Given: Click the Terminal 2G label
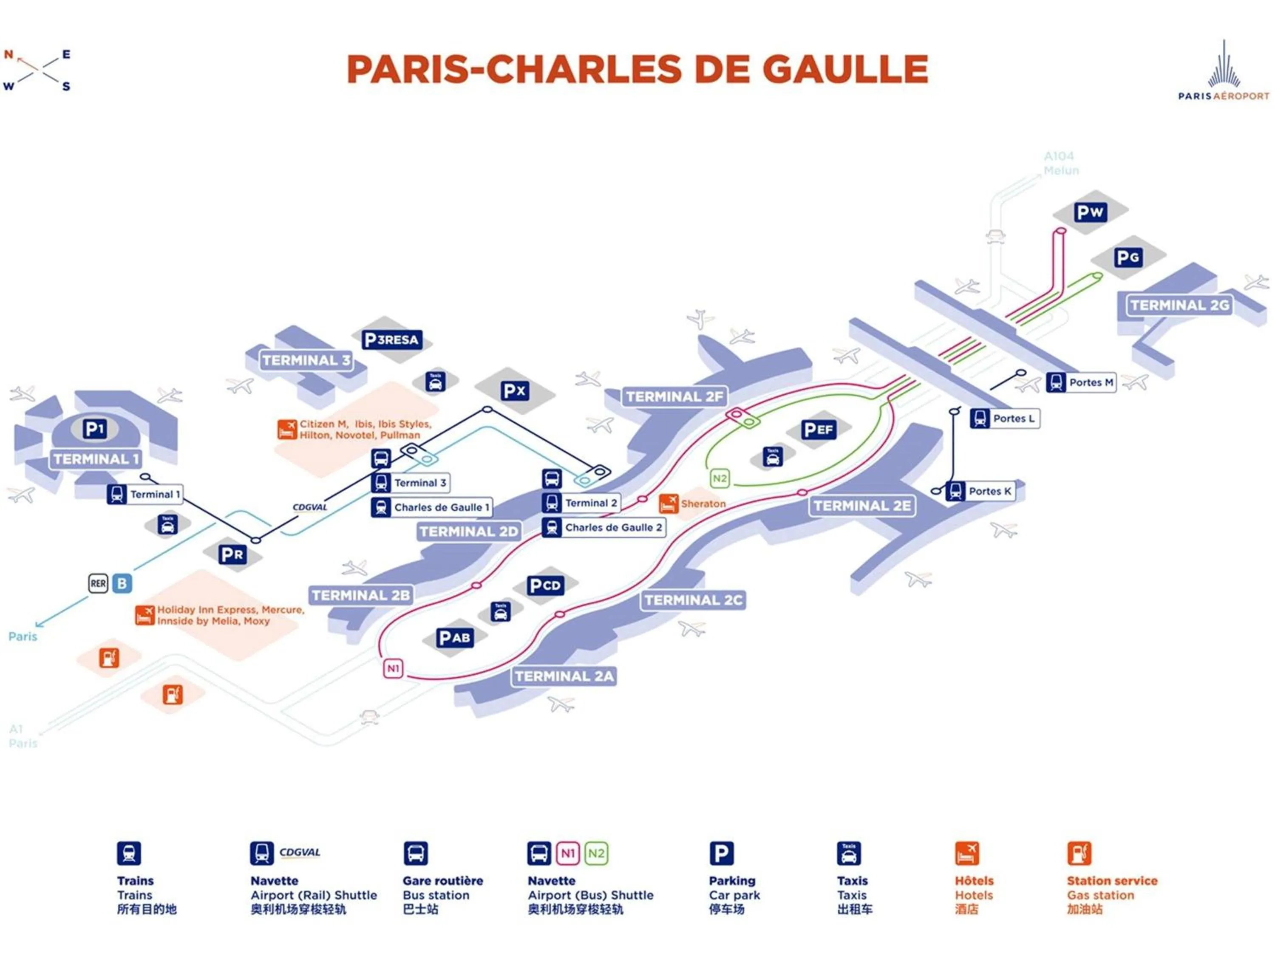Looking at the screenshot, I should click(x=1179, y=305).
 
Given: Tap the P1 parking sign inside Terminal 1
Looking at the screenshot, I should click(x=94, y=429).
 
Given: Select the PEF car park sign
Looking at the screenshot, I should click(x=818, y=429).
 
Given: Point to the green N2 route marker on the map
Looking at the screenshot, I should click(x=720, y=478).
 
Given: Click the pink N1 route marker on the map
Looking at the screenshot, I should click(x=393, y=668).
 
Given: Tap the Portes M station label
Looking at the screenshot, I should click(x=1091, y=382).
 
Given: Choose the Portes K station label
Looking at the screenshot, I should click(x=989, y=491).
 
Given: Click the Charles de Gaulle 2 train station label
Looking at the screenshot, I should click(x=613, y=527).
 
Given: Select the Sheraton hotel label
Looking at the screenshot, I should click(x=703, y=503).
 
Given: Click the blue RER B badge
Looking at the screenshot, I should click(x=122, y=583).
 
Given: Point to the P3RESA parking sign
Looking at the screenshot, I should click(x=392, y=339).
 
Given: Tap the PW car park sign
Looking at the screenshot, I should click(x=1089, y=212).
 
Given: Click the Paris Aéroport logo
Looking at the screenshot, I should click(x=1223, y=72).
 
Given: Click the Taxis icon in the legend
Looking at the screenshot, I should click(x=848, y=854).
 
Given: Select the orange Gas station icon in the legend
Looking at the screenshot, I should click(x=1079, y=854).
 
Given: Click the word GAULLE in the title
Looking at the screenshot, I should click(x=846, y=70).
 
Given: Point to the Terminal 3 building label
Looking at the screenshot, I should click(x=306, y=361).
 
